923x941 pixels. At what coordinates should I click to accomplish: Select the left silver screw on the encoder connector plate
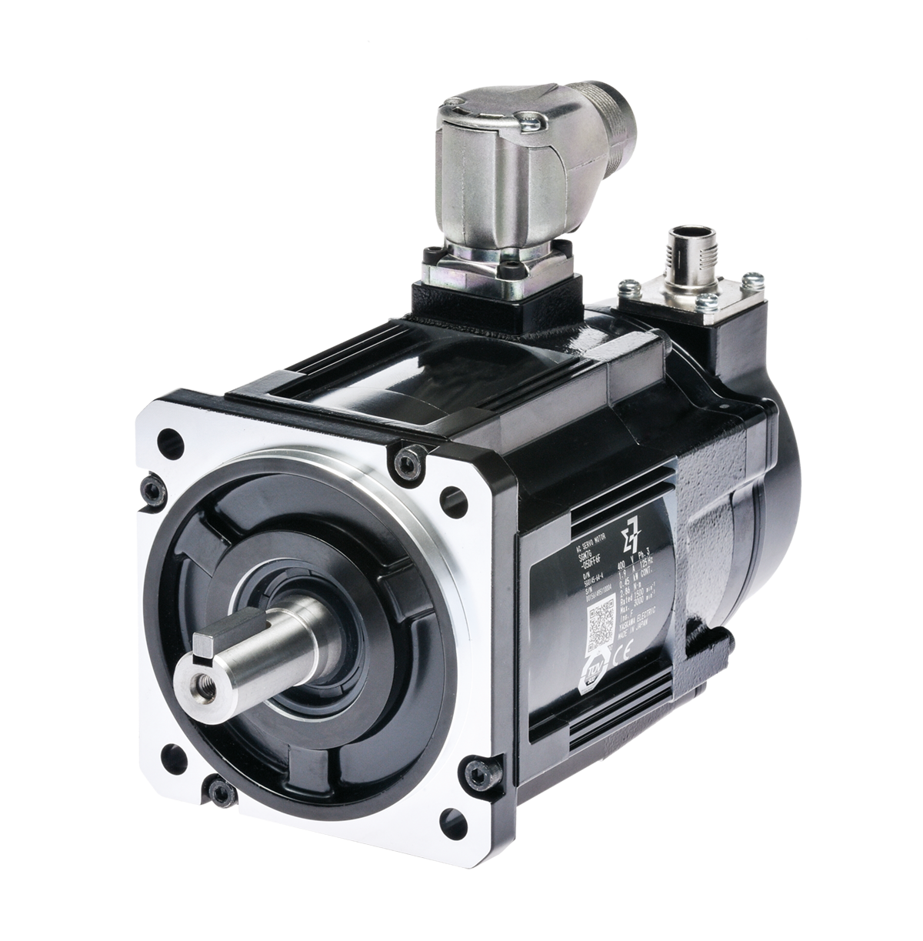point(628,289)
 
